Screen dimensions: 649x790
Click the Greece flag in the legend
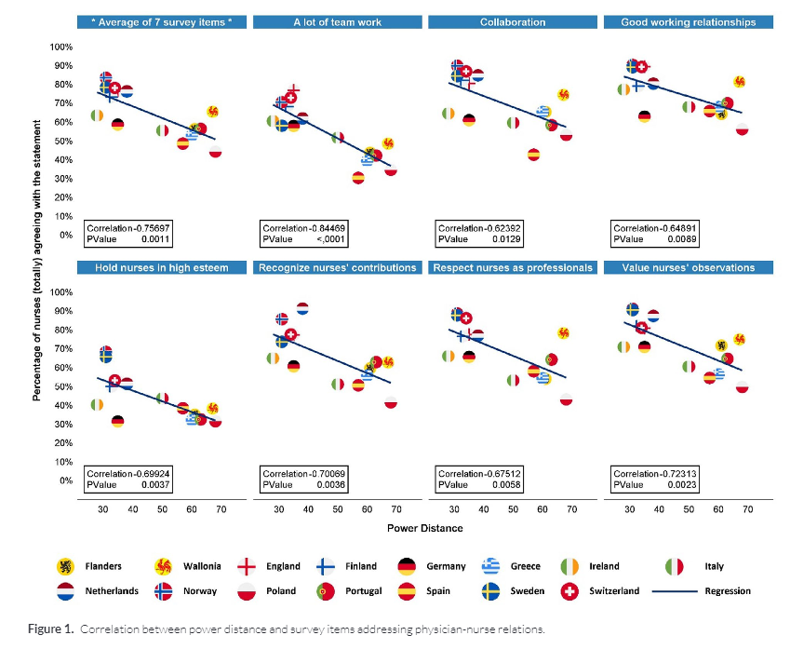(491, 566)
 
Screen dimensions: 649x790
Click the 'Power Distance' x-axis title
(424, 528)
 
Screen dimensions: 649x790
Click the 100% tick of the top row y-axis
(60, 47)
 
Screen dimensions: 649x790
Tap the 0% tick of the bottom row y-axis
(64, 480)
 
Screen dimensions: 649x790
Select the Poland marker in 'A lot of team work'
(391, 169)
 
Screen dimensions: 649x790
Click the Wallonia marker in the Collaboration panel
(563, 95)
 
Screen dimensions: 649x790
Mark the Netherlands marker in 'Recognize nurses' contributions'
(302, 308)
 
